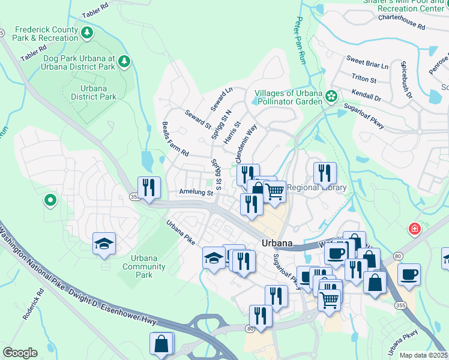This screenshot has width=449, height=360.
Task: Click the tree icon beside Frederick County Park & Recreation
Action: pos(88,32)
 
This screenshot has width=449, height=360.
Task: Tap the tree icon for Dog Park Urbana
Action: pos(124,61)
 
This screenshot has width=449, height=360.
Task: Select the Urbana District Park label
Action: pos(93,92)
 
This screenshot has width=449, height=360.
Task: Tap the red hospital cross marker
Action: pos(414,229)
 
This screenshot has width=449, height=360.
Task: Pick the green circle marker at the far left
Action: pos(50,200)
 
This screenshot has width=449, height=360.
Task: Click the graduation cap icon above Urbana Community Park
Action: pos(104,244)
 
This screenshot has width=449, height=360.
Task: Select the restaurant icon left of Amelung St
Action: pos(149,187)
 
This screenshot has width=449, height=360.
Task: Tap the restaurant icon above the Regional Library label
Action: pos(324,173)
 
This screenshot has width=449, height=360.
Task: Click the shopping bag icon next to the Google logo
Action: pos(161,344)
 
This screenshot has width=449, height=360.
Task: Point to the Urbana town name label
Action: pos(277,243)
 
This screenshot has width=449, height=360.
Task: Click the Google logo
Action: pos(20,352)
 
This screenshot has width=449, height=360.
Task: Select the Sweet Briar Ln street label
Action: pos(367,62)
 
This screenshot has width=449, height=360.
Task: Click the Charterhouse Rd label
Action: pos(401,22)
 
